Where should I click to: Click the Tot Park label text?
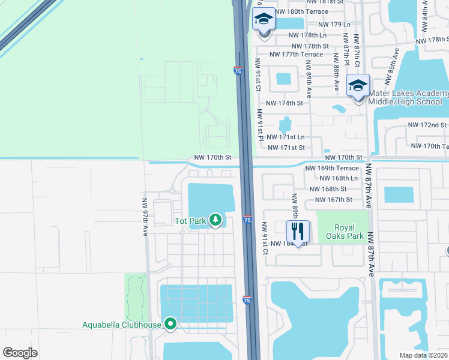click(x=190, y=221)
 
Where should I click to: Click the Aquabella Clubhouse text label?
click(x=122, y=325)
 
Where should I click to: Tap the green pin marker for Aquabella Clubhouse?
click(x=170, y=325)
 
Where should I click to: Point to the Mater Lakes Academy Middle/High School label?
click(x=408, y=97)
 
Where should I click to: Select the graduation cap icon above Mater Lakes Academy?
click(x=358, y=86)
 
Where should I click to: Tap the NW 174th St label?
click(x=285, y=103)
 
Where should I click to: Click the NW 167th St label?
click(x=331, y=199)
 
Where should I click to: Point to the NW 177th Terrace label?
click(x=297, y=55)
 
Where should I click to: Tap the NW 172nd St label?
click(x=427, y=125)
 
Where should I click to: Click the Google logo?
click(x=20, y=352)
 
